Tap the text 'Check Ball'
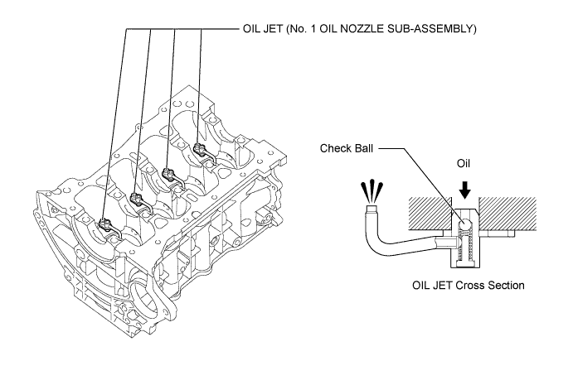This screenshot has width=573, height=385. click(347, 148)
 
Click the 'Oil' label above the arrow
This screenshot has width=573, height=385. click(464, 163)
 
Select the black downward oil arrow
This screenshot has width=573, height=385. click(464, 190)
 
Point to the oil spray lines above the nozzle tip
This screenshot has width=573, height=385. click(371, 190)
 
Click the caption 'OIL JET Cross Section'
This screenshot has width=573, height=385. click(469, 286)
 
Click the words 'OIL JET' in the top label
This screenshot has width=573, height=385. click(262, 29)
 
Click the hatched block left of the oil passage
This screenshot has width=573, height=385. click(430, 214)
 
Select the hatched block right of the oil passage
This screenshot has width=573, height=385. click(507, 214)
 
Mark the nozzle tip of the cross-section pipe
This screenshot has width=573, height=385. click(372, 209)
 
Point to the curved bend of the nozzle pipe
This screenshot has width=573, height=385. click(376, 244)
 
